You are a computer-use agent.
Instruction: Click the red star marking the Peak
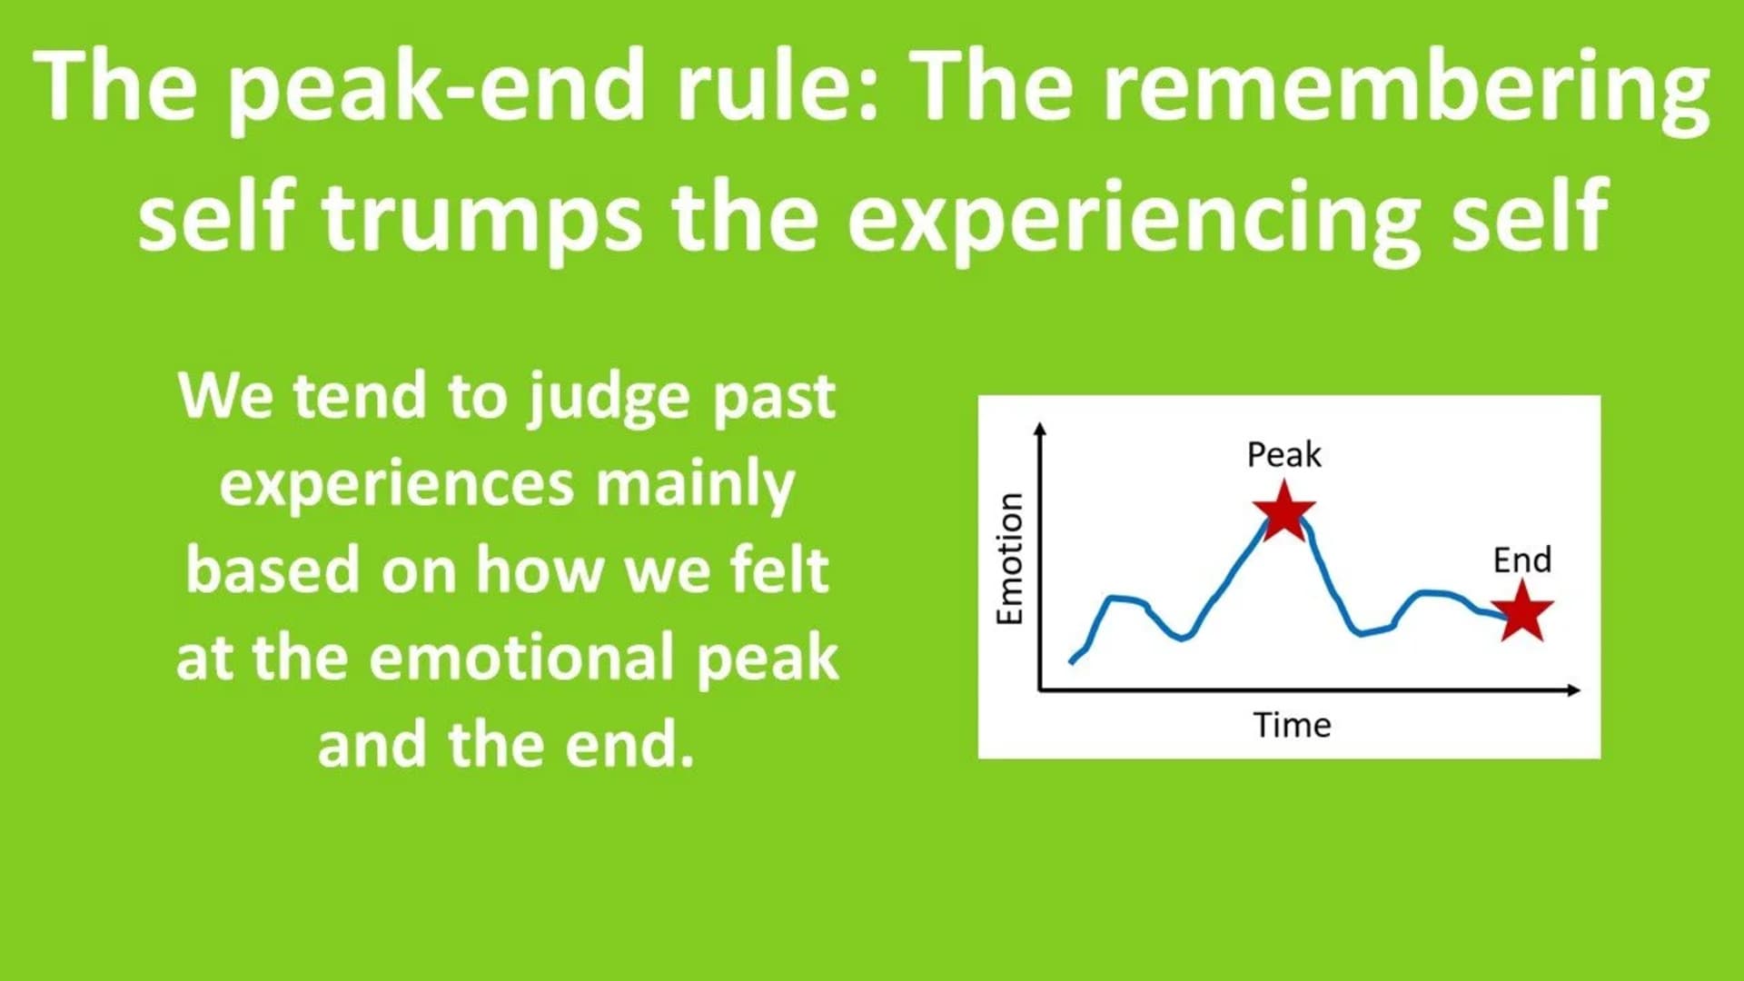click(1283, 512)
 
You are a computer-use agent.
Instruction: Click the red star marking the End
click(1521, 612)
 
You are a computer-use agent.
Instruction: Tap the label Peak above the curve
click(1283, 454)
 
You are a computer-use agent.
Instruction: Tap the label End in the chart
click(1521, 560)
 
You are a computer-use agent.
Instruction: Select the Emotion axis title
click(1010, 559)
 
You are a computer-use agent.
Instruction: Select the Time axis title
click(1292, 725)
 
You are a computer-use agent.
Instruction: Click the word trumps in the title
click(481, 218)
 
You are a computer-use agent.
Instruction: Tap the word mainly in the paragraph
click(695, 485)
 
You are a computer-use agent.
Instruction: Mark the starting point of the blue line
click(1072, 662)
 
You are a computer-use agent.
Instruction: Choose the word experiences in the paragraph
click(396, 485)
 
